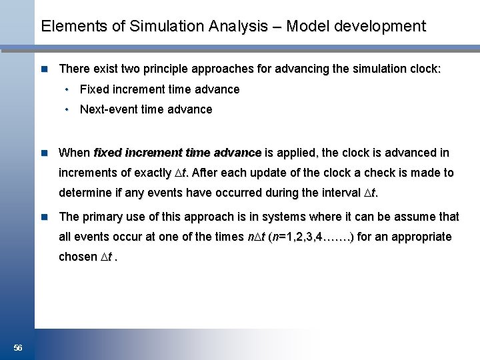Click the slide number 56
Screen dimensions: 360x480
pos(17,348)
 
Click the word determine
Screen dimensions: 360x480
pos(85,194)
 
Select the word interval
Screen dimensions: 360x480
pos(337,194)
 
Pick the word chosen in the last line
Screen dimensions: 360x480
pos(78,257)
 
